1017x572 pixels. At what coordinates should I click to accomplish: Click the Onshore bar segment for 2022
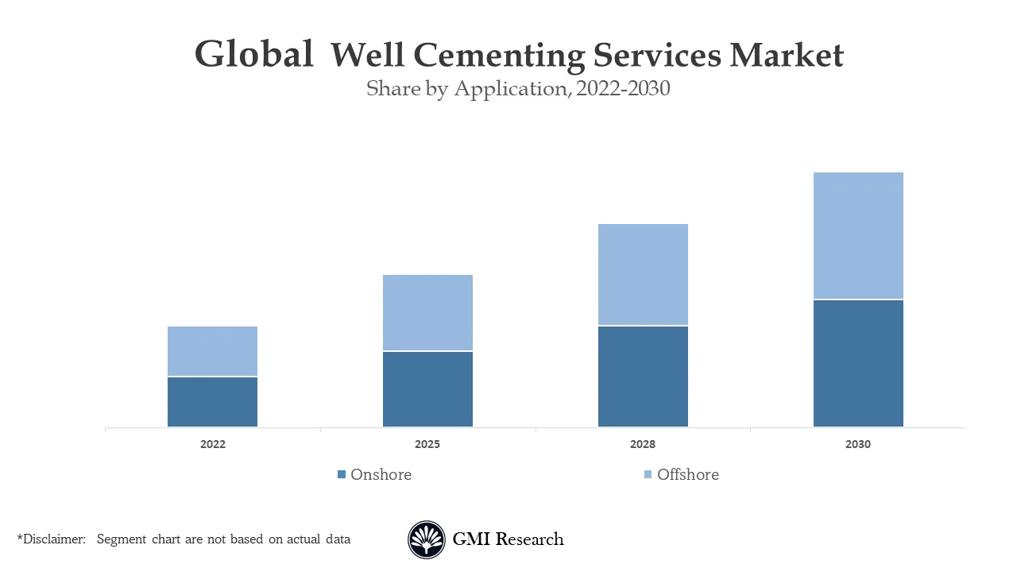tap(212, 402)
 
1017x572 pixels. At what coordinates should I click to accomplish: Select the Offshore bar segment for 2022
tap(212, 351)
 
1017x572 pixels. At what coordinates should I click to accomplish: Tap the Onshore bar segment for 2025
tap(427, 389)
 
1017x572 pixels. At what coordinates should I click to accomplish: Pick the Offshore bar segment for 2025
tap(427, 313)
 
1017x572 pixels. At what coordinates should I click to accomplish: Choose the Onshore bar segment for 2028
tap(643, 377)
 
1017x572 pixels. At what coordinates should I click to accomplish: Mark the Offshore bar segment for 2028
tap(643, 275)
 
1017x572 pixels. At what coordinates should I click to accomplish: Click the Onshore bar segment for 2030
tap(858, 364)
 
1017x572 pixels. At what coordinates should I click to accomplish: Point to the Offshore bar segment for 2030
tap(858, 236)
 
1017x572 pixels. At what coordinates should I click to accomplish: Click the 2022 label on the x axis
tap(212, 445)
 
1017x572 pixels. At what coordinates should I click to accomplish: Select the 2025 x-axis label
tap(427, 445)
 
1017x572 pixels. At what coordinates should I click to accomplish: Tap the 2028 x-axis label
tap(643, 445)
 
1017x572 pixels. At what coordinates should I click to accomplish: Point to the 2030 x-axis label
tap(858, 445)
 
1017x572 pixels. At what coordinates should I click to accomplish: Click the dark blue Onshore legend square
tap(342, 474)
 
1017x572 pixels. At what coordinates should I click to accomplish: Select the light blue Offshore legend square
tap(648, 474)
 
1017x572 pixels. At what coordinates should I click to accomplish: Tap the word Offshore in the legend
tap(688, 474)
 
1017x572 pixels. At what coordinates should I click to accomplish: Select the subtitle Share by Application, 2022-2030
tap(518, 89)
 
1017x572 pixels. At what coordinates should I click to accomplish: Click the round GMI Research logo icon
tap(427, 539)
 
